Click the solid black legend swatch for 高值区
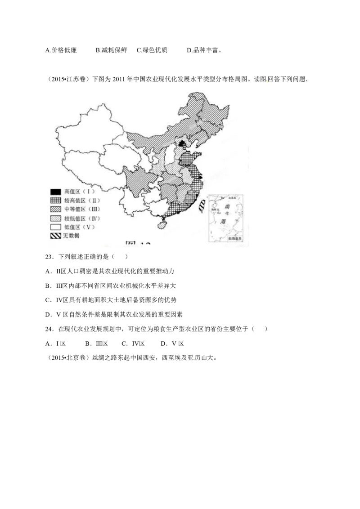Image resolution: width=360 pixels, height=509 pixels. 55,192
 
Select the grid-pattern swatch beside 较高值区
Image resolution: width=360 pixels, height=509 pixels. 55,200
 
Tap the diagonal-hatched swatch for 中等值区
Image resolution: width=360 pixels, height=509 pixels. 55,209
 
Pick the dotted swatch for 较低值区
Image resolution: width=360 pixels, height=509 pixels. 55,218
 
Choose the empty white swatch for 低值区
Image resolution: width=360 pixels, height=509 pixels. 55,227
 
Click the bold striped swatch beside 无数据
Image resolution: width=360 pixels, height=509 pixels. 55,235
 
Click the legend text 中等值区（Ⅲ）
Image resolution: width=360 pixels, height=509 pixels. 82,209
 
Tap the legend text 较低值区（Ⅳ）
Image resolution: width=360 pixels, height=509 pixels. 82,218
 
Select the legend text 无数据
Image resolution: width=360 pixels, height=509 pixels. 71,236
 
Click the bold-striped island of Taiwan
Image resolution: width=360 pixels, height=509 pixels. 202,205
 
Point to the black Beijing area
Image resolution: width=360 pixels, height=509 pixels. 182,143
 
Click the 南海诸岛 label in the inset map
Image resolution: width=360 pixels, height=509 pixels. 234,238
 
